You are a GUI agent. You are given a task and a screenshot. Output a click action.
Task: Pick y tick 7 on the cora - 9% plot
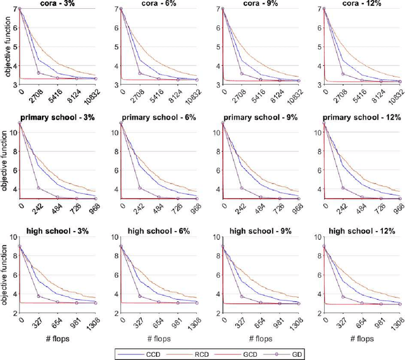[218, 9]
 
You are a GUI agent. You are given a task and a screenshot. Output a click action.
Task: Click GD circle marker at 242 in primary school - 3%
[39, 189]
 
